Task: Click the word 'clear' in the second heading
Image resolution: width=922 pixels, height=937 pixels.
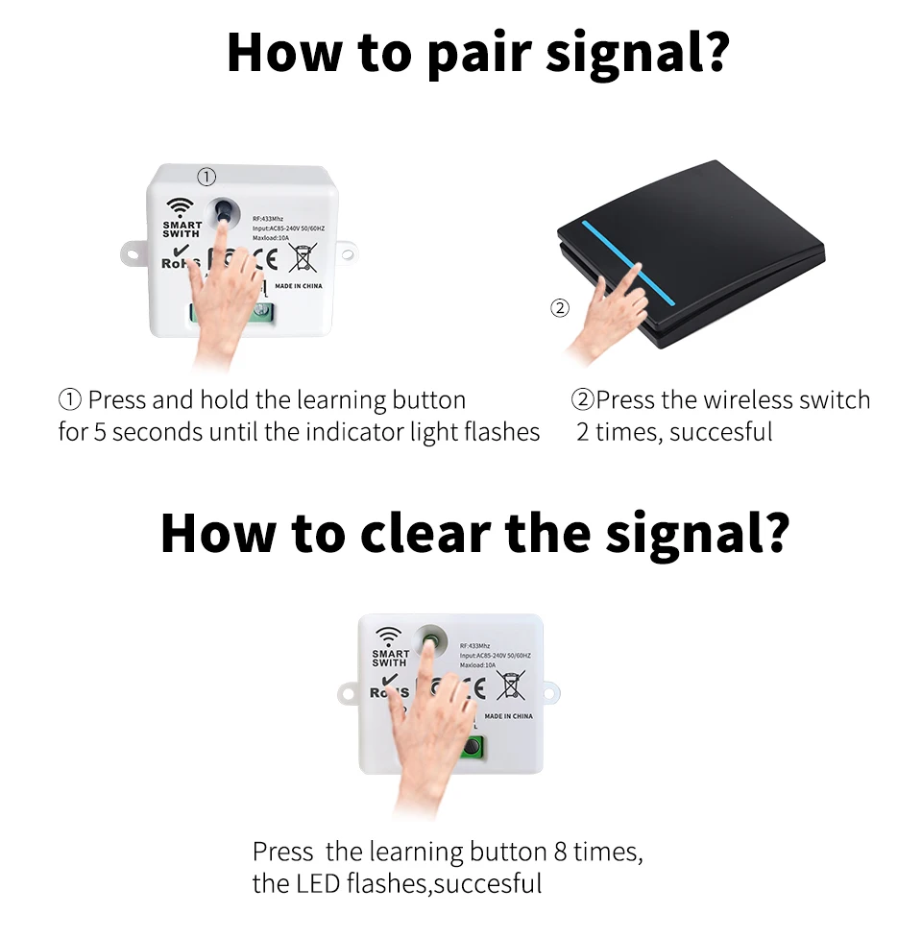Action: point(426,534)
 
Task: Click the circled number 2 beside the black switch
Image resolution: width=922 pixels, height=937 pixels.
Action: point(559,308)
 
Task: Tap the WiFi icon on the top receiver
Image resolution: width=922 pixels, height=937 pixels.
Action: point(179,208)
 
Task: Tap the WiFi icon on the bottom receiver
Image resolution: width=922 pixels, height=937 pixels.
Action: point(388,636)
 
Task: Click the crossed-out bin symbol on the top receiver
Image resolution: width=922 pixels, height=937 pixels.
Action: point(303,260)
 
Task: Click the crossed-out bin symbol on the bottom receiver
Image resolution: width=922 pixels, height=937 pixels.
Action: point(512,685)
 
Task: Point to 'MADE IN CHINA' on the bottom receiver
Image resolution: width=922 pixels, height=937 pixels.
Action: point(508,716)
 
